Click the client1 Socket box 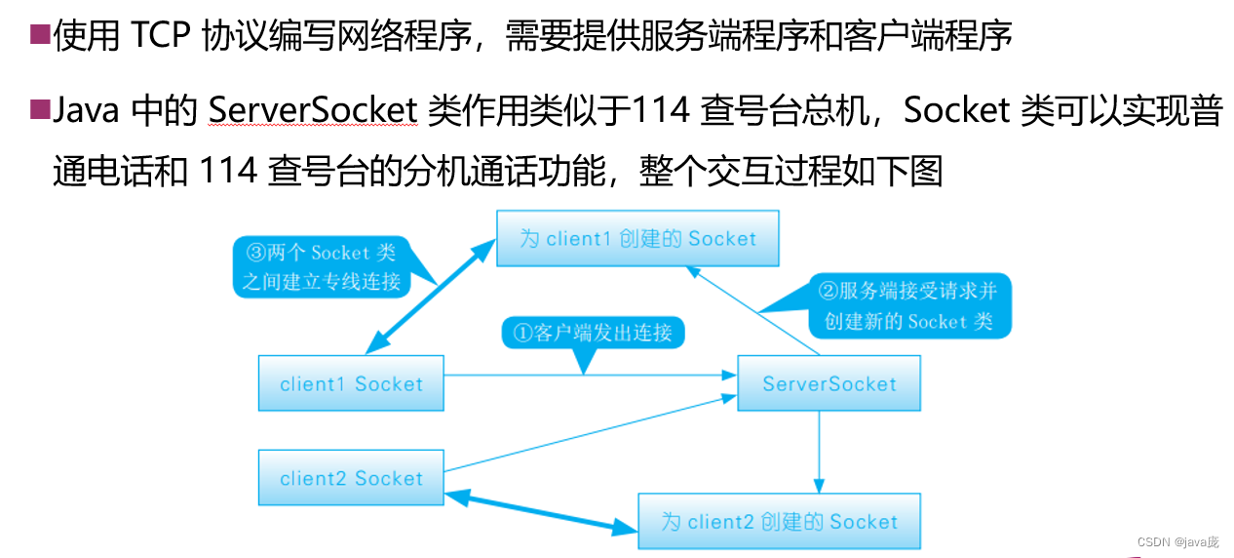click(x=351, y=383)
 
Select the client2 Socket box click(x=351, y=478)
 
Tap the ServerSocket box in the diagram click(x=829, y=383)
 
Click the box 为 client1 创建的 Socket click(x=637, y=239)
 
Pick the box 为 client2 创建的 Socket click(x=779, y=522)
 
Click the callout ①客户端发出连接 click(x=593, y=334)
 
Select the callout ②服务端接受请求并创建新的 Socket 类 click(x=908, y=306)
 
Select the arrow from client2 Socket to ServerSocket click(x=585, y=434)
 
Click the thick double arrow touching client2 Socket click(x=541, y=512)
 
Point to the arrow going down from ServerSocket click(x=819, y=449)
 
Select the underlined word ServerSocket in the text click(x=313, y=111)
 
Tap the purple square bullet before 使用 click(x=39, y=36)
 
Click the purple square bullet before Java click(x=39, y=109)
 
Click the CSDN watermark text click(x=1177, y=541)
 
